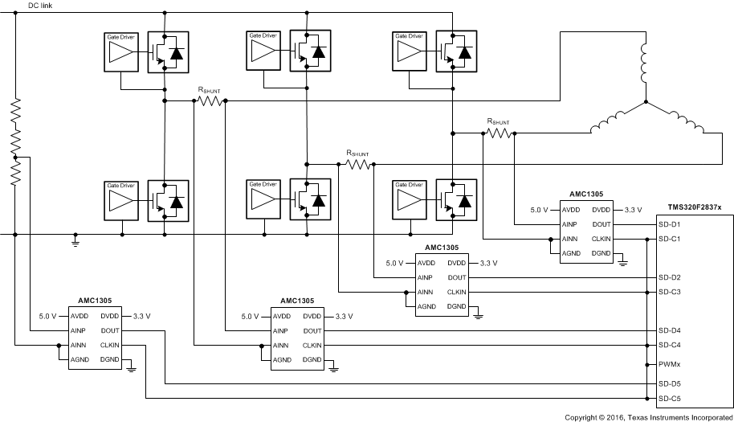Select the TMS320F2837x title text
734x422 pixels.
(x=694, y=207)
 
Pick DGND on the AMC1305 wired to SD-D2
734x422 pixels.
(x=457, y=306)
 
